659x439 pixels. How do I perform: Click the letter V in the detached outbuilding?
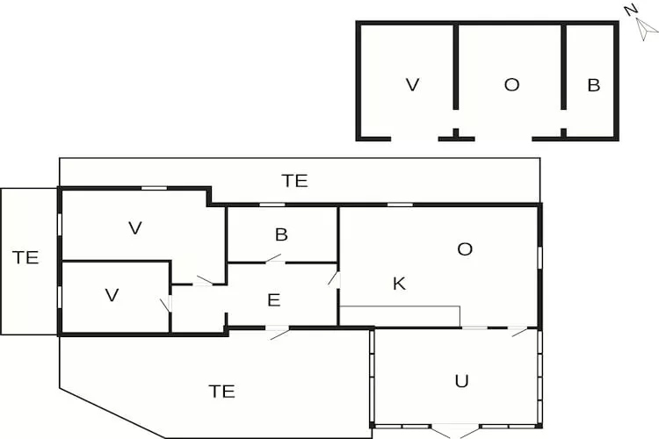(x=412, y=84)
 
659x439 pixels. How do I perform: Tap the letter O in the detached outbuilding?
(x=511, y=84)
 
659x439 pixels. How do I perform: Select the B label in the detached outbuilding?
(x=593, y=84)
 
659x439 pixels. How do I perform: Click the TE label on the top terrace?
(x=294, y=181)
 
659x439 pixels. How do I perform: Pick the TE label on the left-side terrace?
(x=26, y=257)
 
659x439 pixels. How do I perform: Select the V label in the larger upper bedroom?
(x=134, y=228)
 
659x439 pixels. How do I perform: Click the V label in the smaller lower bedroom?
(x=112, y=295)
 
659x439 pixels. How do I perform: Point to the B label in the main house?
(x=281, y=234)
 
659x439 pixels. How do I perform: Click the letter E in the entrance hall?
(x=273, y=300)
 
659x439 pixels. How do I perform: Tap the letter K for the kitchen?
(x=399, y=284)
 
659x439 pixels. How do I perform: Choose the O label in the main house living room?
(x=465, y=248)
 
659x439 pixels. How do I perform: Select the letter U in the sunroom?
(x=460, y=380)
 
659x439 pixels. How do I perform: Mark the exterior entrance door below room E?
(x=278, y=331)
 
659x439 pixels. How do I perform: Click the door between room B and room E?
(x=274, y=259)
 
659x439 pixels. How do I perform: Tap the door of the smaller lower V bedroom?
(x=165, y=306)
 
